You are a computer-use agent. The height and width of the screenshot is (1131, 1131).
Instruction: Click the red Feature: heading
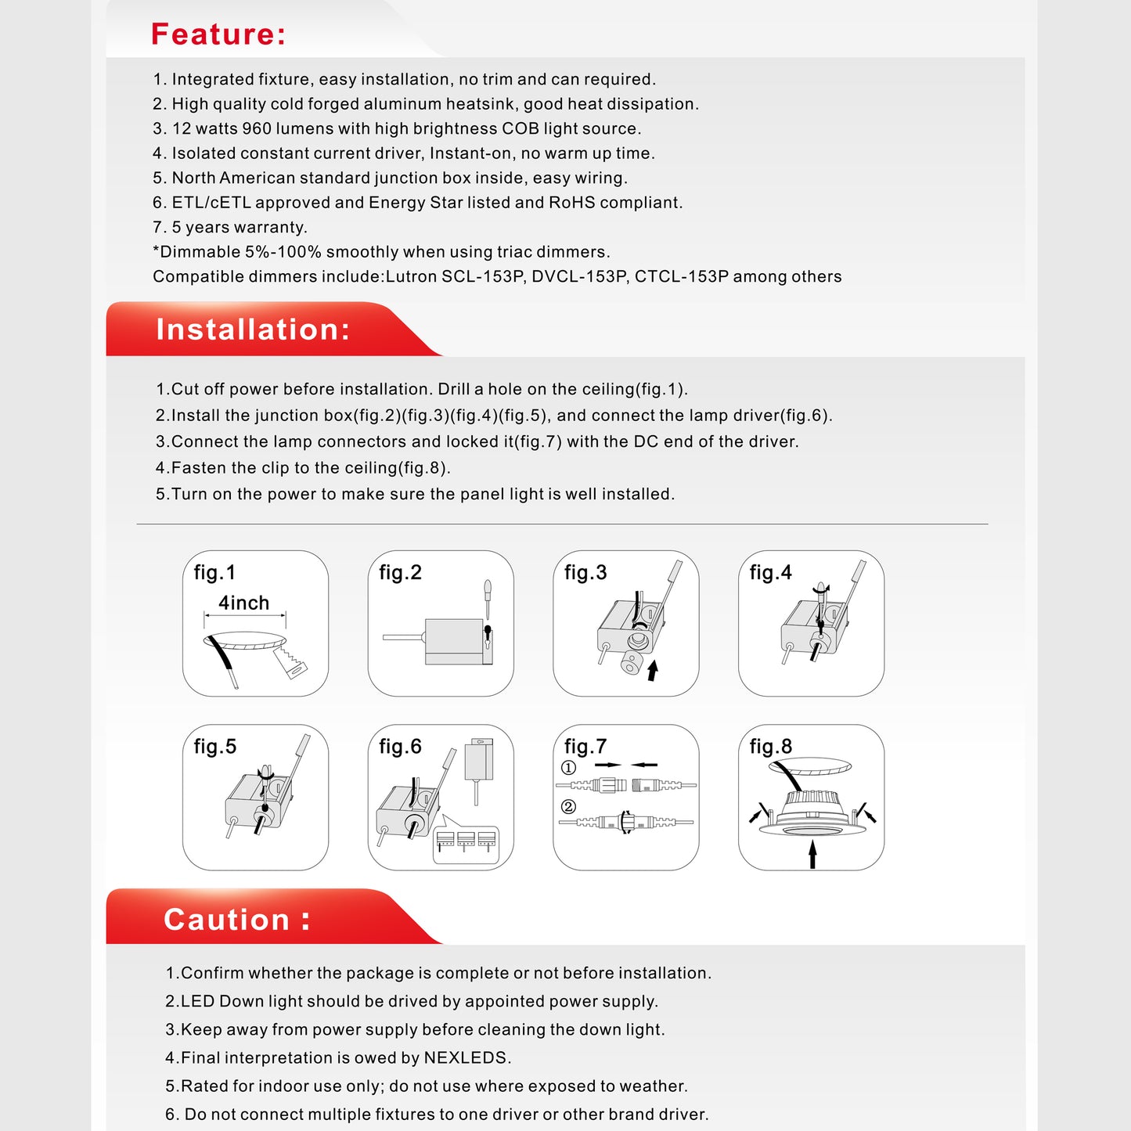point(218,34)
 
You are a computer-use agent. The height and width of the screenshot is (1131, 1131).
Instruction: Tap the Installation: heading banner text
point(253,330)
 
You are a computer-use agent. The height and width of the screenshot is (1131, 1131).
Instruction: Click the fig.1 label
point(214,573)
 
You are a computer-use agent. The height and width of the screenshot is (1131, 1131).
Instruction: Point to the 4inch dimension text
point(243,603)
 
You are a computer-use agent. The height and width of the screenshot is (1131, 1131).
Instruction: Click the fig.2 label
point(400,573)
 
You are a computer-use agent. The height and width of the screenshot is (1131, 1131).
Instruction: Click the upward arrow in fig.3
point(653,670)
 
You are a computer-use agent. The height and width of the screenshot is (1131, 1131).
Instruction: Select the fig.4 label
point(770,573)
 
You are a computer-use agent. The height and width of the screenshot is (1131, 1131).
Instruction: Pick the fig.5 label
point(215,747)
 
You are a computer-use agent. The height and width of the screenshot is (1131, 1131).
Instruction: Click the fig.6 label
point(400,747)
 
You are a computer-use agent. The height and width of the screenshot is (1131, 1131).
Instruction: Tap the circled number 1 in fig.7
point(569,768)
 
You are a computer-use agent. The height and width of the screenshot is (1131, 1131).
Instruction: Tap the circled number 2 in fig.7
point(569,807)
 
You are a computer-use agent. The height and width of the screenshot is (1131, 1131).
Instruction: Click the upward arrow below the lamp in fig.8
point(812,853)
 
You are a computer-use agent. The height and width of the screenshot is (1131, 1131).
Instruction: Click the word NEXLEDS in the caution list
point(466,1058)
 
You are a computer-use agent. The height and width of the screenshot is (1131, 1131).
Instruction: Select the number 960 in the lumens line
point(257,128)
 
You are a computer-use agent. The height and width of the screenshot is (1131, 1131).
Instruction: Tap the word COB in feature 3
point(520,128)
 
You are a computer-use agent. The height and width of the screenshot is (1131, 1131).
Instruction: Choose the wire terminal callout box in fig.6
point(466,845)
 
